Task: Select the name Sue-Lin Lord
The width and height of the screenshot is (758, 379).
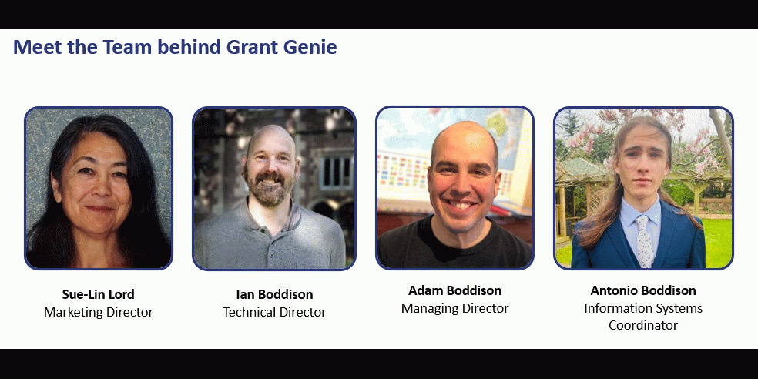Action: click(98, 294)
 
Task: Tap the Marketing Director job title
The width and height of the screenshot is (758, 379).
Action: click(98, 312)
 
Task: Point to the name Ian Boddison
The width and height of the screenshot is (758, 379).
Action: click(274, 294)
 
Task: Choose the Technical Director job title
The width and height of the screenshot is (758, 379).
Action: click(274, 312)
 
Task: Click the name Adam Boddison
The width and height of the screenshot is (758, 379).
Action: click(455, 290)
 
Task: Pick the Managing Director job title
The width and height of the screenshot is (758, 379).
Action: click(455, 308)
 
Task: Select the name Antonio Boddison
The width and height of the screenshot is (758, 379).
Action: click(643, 290)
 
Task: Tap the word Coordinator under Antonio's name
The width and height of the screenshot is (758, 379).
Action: click(643, 325)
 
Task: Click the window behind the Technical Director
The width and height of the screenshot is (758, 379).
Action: click(337, 172)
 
